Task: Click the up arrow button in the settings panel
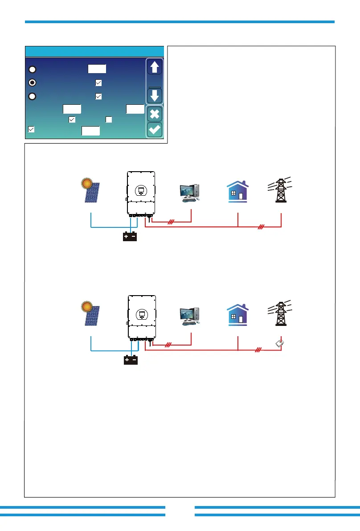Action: [155, 67]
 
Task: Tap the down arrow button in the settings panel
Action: [155, 96]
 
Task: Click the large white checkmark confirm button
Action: [155, 130]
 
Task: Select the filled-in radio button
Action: [32, 82]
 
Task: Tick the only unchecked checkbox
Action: [108, 119]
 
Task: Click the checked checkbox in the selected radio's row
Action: [98, 82]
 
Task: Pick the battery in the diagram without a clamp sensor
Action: [130, 236]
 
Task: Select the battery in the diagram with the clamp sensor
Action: [130, 359]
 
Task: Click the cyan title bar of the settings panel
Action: [94, 51]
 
